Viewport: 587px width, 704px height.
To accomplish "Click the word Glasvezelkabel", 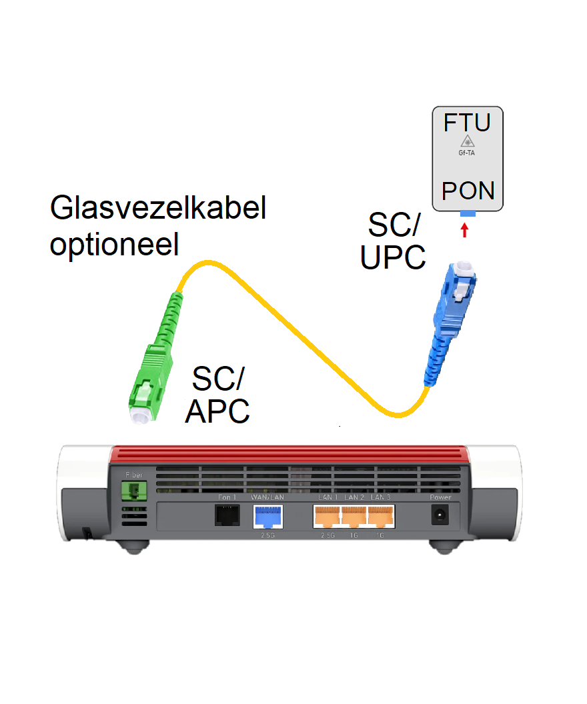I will (x=158, y=209).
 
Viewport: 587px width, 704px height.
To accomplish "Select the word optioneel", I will (x=115, y=245).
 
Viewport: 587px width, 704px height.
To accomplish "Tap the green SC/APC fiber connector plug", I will (x=151, y=373).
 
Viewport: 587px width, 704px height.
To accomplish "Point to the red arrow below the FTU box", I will (x=466, y=231).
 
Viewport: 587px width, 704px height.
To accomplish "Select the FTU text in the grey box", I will (x=467, y=123).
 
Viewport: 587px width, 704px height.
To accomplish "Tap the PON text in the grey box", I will (x=468, y=191).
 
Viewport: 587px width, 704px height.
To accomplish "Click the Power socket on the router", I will (x=440, y=515).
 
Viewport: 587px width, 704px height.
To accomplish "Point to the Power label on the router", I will (x=440, y=497).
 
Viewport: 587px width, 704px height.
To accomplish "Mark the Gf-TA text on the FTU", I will (x=467, y=153).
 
